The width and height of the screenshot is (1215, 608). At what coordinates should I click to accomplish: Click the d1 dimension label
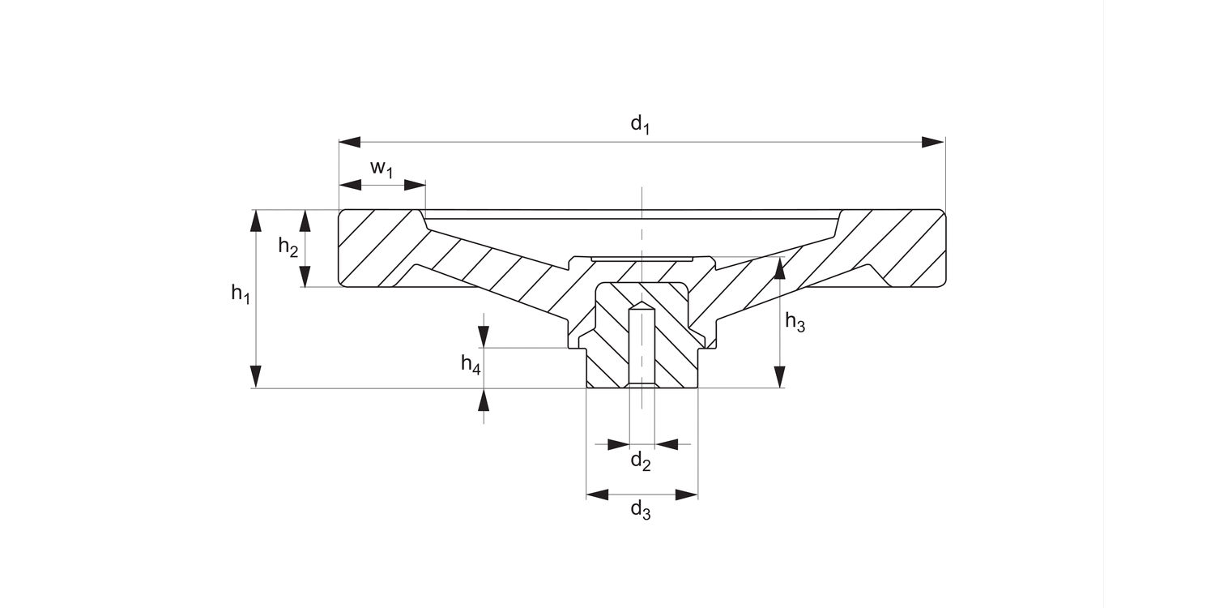click(641, 124)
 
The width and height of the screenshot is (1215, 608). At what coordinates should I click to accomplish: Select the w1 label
click(382, 169)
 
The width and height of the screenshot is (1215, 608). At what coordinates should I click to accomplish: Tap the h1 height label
click(240, 294)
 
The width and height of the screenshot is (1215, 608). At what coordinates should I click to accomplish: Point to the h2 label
click(288, 246)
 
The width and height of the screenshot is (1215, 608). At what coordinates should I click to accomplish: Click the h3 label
click(795, 323)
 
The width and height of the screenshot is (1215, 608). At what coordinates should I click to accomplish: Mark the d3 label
click(641, 510)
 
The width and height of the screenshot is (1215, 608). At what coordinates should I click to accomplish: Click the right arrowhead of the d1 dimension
click(934, 143)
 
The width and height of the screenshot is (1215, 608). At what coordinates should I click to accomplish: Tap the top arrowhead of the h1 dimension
click(256, 221)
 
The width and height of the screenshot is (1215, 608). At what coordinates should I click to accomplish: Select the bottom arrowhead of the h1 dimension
click(256, 377)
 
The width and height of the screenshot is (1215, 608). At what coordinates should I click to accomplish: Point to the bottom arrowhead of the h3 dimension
click(780, 377)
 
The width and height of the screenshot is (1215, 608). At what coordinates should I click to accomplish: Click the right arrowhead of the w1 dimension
click(415, 185)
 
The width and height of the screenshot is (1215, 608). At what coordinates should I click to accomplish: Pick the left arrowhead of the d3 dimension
click(598, 495)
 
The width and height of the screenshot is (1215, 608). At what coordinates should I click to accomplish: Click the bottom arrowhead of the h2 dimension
click(305, 276)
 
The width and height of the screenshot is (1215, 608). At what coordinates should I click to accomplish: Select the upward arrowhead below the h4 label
click(484, 400)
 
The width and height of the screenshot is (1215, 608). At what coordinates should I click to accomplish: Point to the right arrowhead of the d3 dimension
click(687, 495)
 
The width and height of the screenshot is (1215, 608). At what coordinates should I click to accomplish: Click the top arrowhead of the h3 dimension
click(780, 268)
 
